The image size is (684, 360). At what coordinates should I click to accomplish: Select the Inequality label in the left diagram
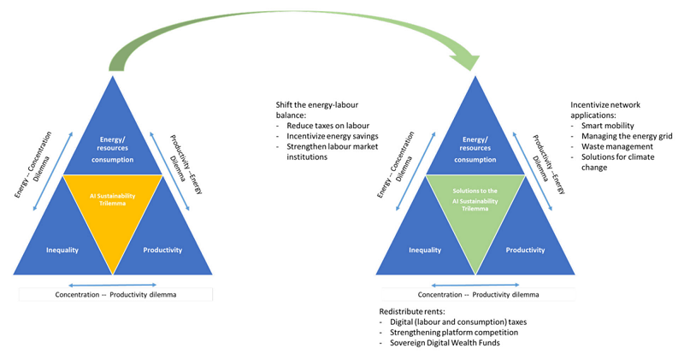click(x=62, y=250)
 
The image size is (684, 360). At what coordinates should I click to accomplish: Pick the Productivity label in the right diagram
click(x=525, y=250)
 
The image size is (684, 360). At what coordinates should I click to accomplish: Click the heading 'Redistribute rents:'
click(x=412, y=311)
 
